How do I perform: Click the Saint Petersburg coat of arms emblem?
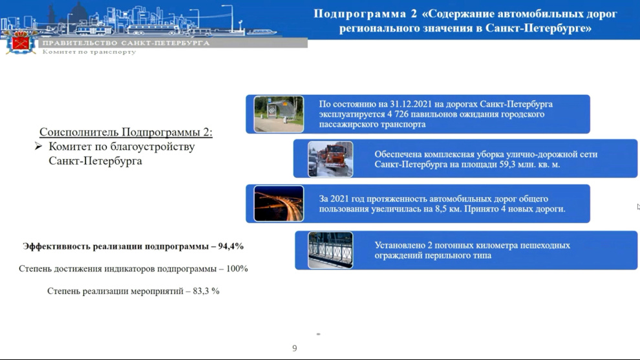pos(21,42)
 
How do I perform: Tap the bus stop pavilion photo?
pos(279,114)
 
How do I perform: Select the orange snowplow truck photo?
pos(330,159)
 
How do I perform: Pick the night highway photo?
pos(279,204)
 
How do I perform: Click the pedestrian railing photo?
pos(330,250)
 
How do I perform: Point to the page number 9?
pos(295,348)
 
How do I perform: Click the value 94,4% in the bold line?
pos(231,246)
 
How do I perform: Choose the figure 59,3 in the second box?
pos(507,165)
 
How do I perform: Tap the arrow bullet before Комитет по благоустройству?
pos(38,146)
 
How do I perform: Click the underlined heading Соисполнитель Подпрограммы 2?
pos(125,132)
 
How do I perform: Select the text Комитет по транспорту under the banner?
pos(89,52)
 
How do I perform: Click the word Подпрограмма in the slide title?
pos(359,14)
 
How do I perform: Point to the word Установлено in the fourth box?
pos(399,246)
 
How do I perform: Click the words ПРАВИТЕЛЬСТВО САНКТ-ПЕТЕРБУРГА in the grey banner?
pos(126,43)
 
